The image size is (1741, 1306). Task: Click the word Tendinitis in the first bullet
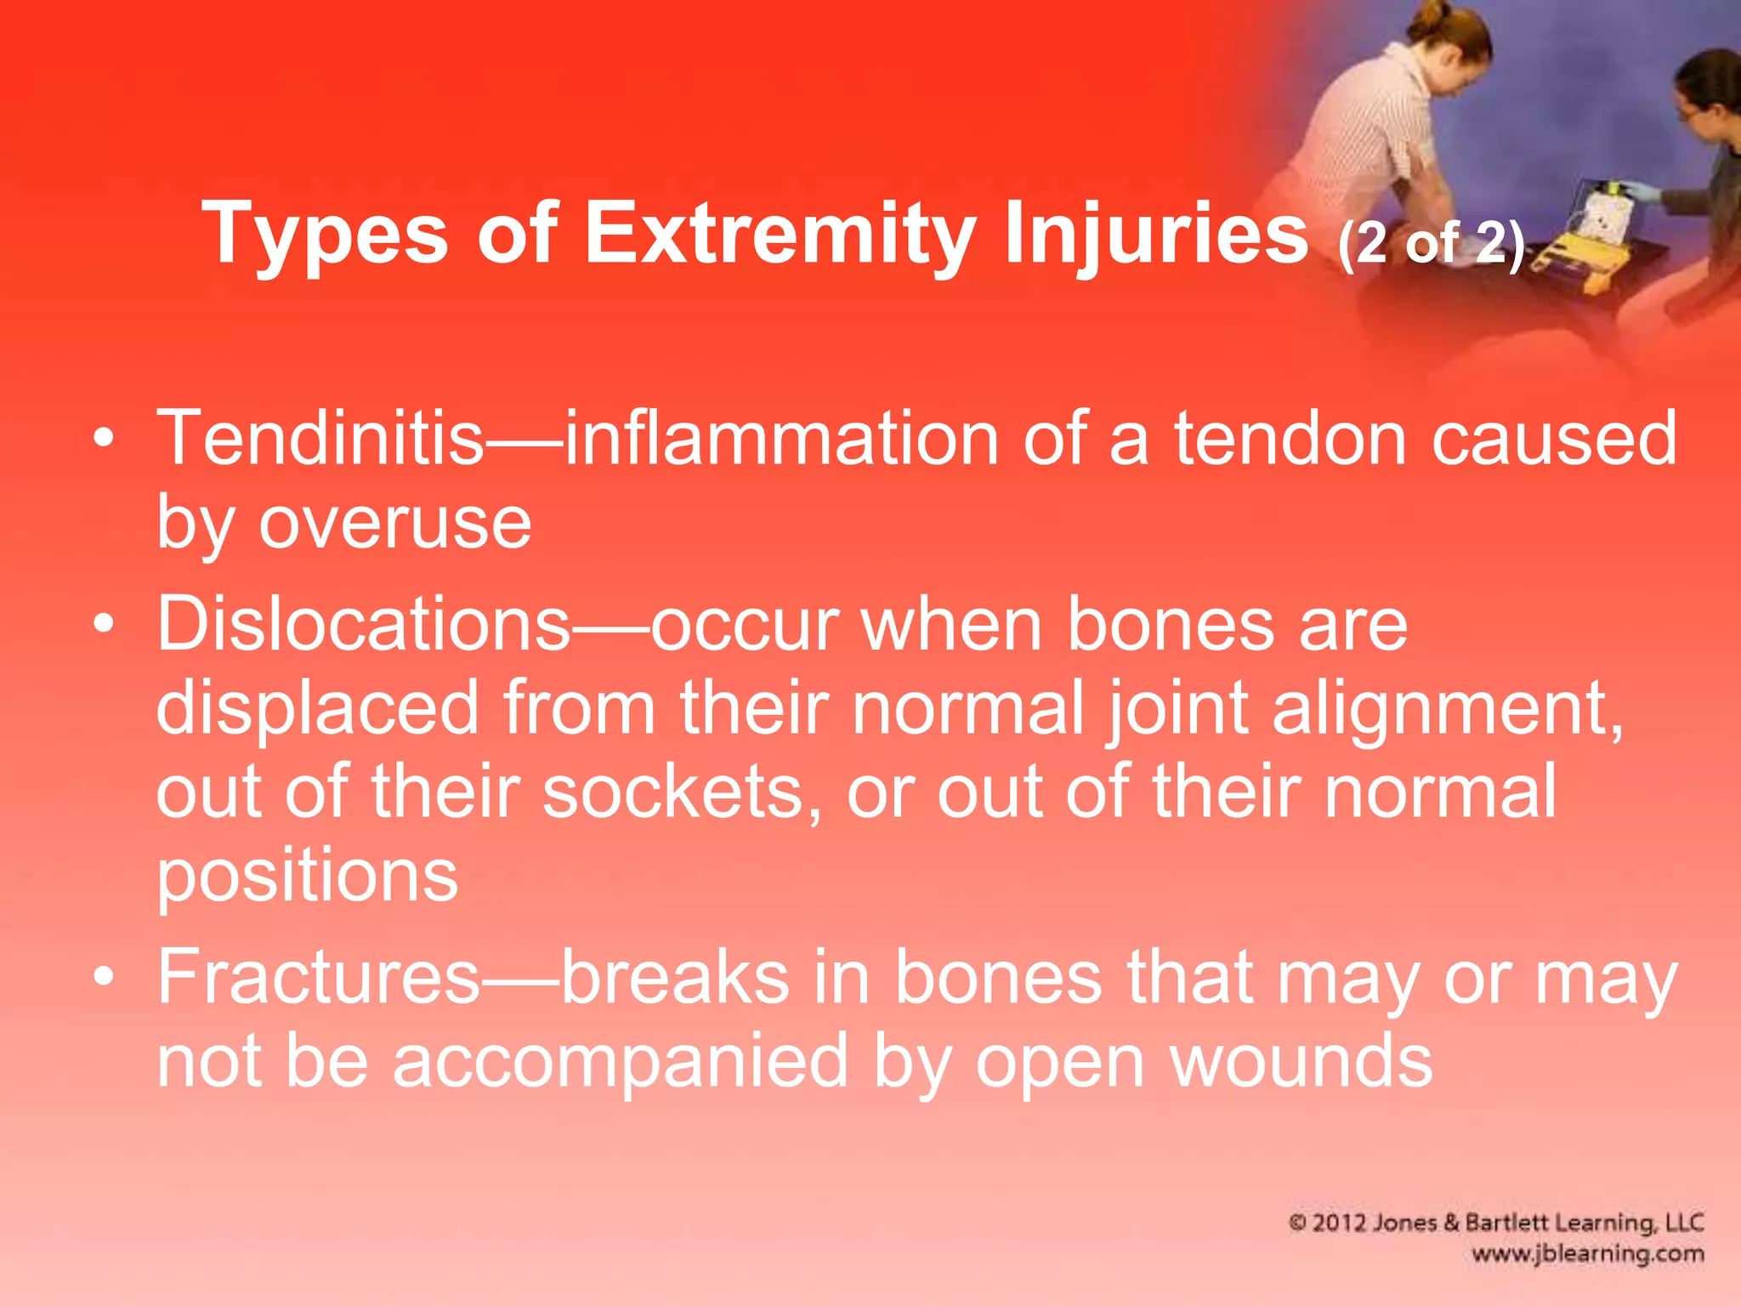320,439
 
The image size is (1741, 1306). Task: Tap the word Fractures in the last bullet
319,978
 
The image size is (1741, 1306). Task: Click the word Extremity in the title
780,234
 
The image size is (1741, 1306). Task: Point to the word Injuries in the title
1155,234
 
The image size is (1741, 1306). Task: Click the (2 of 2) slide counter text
1431,244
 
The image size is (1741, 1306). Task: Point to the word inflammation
781,439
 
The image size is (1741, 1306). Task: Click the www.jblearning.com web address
1587,1253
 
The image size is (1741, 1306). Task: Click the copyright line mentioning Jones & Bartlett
1496,1223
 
